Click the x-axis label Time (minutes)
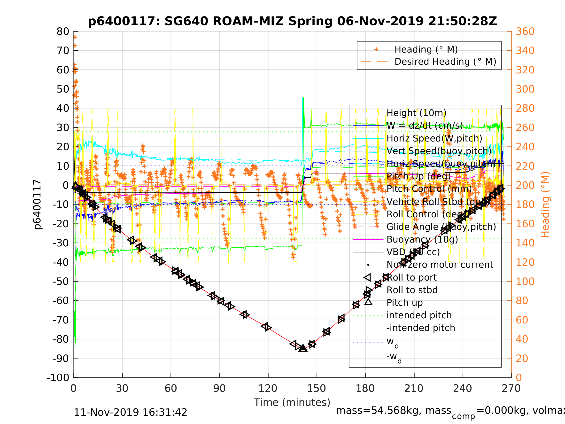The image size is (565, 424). [x=292, y=402]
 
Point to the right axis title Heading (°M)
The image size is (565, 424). [x=545, y=204]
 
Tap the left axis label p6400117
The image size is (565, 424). [x=37, y=204]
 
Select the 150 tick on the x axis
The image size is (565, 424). [x=317, y=388]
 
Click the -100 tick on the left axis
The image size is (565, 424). [x=58, y=377]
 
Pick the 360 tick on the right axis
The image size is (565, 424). [x=525, y=31]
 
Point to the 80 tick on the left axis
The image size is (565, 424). [x=63, y=31]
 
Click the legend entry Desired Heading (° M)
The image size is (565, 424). [x=445, y=62]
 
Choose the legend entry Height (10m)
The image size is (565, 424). [x=416, y=113]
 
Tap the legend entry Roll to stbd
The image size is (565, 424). [x=412, y=290]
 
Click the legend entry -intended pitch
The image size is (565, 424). [x=421, y=328]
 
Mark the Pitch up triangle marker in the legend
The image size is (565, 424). [x=368, y=302]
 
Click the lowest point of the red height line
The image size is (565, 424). [x=303, y=348]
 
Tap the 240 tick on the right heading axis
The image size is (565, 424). [x=525, y=147]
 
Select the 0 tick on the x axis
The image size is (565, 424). [x=74, y=388]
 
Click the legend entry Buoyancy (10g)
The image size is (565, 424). [x=422, y=239]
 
